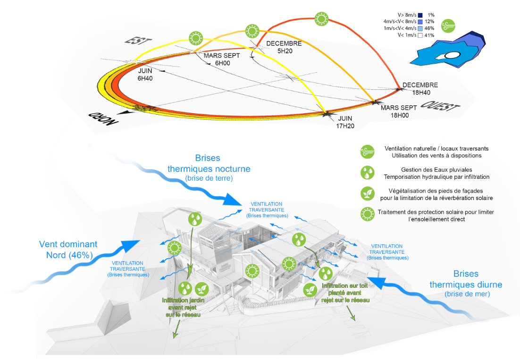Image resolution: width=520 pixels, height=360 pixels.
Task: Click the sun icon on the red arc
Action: (x=322, y=19)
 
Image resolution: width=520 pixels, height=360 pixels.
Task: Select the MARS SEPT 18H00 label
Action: (x=398, y=111)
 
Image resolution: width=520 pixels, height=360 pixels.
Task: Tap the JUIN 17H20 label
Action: (x=345, y=122)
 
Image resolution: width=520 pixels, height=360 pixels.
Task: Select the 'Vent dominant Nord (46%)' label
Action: (x=68, y=250)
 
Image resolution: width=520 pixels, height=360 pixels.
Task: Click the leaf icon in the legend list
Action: (x=367, y=193)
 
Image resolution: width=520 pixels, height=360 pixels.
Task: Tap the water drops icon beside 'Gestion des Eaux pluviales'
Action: (x=367, y=173)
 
